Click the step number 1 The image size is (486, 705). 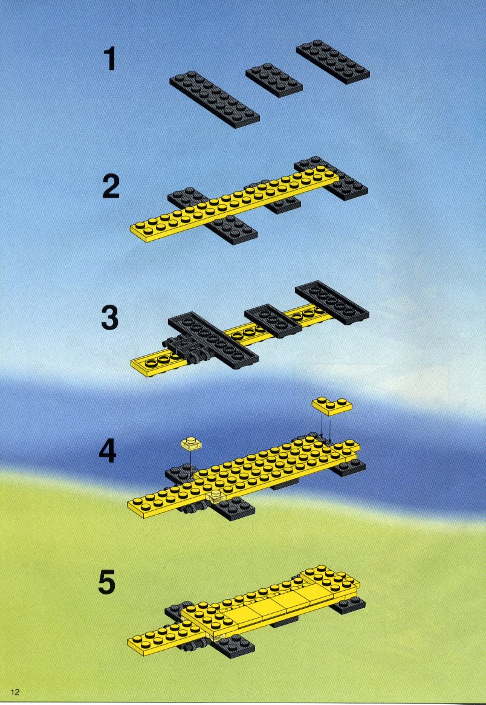click(110, 60)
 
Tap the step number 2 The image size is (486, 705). click(111, 187)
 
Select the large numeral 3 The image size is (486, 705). click(109, 318)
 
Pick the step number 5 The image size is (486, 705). click(107, 582)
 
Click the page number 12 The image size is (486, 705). click(16, 692)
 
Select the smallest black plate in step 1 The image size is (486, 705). click(274, 80)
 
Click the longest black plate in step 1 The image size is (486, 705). click(215, 99)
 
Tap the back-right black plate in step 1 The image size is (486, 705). click(332, 62)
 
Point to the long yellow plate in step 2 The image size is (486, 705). click(235, 204)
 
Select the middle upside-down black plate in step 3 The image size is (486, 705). click(273, 321)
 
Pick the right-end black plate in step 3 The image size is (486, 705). click(332, 302)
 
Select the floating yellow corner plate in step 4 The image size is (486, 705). click(332, 406)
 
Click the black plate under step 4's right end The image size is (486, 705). click(348, 468)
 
